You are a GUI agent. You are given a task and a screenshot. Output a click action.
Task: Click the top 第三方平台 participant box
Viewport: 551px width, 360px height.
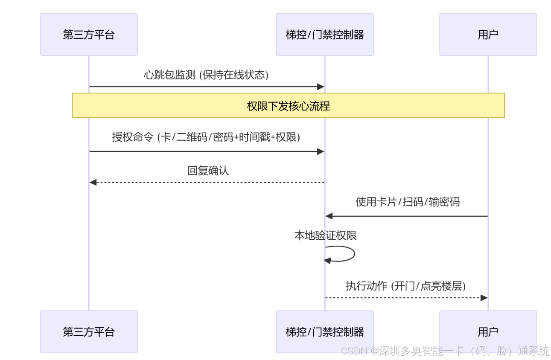click(x=89, y=35)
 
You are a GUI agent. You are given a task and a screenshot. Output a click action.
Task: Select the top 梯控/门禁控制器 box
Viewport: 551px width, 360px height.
click(x=324, y=35)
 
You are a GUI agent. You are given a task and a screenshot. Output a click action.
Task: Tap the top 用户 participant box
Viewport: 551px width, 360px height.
click(x=488, y=35)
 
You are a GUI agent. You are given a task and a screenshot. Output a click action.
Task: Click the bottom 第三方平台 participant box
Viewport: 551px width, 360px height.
click(x=89, y=331)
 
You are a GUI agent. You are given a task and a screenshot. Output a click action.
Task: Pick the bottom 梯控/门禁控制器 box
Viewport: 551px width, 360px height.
click(x=324, y=331)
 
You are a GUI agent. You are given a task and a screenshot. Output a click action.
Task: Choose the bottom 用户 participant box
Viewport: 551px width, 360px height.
click(x=488, y=331)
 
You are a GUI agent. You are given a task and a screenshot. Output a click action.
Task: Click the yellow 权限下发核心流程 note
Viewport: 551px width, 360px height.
click(x=289, y=105)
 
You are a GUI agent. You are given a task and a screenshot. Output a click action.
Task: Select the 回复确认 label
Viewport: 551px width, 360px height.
click(x=208, y=171)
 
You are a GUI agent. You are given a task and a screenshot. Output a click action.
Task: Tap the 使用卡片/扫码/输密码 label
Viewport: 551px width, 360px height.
click(x=408, y=202)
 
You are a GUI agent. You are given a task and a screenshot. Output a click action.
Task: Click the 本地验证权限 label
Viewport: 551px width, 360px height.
click(x=325, y=235)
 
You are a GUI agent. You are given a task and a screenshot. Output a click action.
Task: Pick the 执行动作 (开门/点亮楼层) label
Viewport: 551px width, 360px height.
click(x=405, y=286)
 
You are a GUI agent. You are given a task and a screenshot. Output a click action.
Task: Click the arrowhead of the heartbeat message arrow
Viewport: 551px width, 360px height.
click(x=321, y=87)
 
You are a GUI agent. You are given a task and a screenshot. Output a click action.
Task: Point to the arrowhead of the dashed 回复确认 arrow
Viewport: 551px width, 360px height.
click(x=93, y=183)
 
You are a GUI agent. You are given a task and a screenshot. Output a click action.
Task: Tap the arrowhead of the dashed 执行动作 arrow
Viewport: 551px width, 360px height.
click(x=484, y=298)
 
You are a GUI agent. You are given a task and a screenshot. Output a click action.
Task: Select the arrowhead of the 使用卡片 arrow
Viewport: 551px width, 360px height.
click(x=329, y=216)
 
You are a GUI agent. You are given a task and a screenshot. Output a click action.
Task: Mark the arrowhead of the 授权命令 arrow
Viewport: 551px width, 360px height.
click(x=321, y=151)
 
